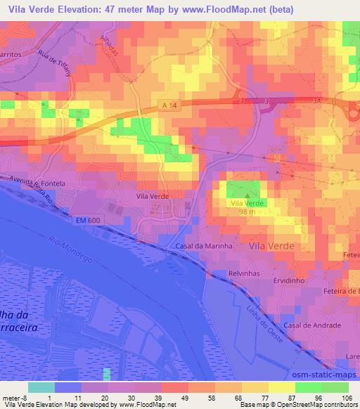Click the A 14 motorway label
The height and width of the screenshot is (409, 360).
[171, 104]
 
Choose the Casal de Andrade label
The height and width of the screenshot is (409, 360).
[313, 325]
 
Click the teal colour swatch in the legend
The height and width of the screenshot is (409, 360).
[41, 387]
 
